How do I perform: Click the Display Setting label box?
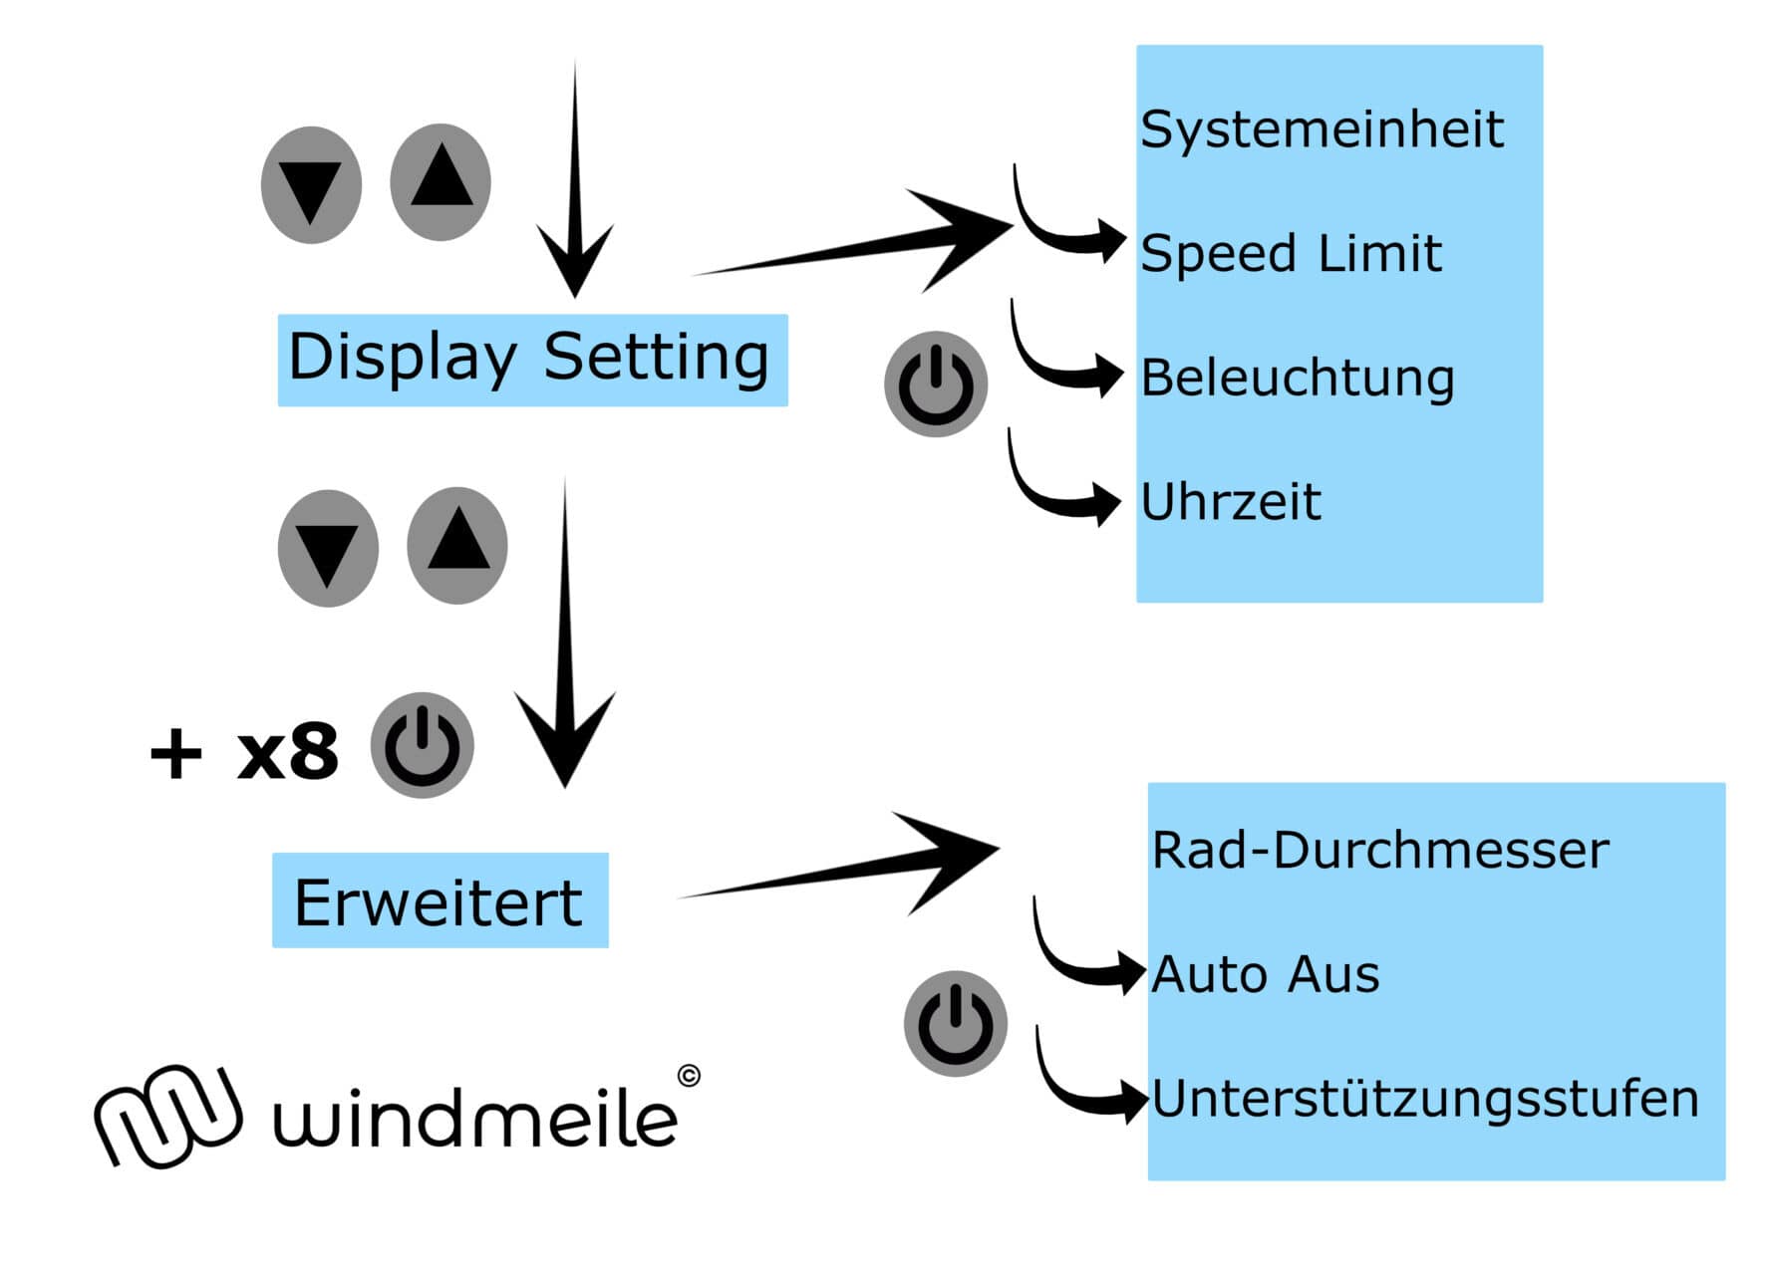(x=532, y=360)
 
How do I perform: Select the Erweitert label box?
(x=440, y=900)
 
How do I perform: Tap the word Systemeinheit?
(x=1322, y=129)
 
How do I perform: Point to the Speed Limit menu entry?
(x=1291, y=253)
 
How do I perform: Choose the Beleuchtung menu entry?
(x=1297, y=378)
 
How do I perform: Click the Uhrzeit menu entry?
(x=1231, y=501)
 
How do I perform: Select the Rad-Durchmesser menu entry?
(x=1380, y=850)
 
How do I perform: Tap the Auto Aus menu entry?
(x=1266, y=974)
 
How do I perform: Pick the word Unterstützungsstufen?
(x=1425, y=1098)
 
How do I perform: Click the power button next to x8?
(x=422, y=745)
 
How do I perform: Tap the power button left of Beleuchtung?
(x=936, y=384)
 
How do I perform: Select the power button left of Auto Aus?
(x=955, y=1023)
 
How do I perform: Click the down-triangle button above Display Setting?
(x=311, y=185)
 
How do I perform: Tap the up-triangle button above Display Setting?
(x=441, y=181)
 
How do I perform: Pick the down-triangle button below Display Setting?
(x=328, y=549)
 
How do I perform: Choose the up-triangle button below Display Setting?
(x=457, y=545)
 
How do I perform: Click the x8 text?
(x=288, y=752)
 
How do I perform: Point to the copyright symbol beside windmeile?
(x=689, y=1076)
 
